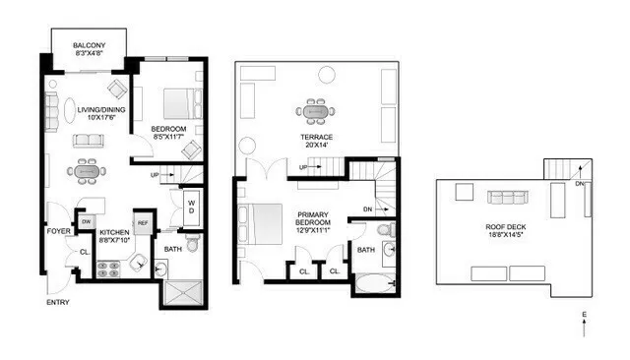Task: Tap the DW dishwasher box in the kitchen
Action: [x=87, y=222]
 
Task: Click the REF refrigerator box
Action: [x=142, y=223]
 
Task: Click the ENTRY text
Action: [x=58, y=302]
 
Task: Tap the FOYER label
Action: [x=57, y=232]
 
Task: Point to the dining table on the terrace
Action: [x=315, y=108]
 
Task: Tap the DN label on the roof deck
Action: [x=580, y=183]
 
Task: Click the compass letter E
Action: [x=583, y=316]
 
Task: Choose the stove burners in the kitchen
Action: [x=107, y=267]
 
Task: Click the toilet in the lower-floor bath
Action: [x=192, y=242]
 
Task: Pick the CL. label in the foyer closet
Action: [x=84, y=252]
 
